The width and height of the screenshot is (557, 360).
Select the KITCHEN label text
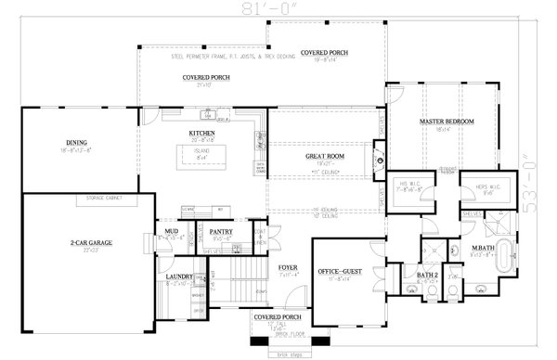coord(202,134)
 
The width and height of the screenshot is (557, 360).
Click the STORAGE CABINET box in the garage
coord(104,199)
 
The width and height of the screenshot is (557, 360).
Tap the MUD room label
coord(172,232)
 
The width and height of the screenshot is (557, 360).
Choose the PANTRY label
coord(220,232)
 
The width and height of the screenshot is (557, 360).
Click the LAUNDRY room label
coord(179,276)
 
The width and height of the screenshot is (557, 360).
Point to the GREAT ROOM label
coord(325,157)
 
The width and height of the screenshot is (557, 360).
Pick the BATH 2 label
coord(427,276)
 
